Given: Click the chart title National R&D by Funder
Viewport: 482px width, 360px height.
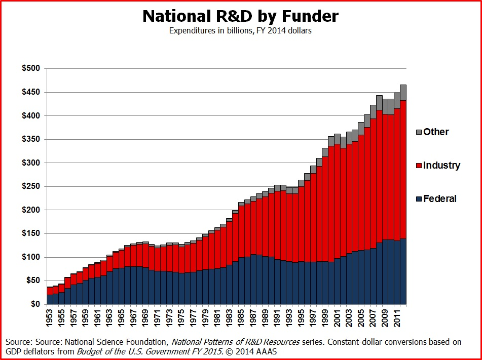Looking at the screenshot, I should (x=240, y=16).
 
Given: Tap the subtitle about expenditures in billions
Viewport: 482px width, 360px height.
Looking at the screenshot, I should (x=240, y=31).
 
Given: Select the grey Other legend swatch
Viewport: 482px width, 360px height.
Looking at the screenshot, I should (x=419, y=132).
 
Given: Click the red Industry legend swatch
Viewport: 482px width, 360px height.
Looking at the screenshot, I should (x=419, y=166).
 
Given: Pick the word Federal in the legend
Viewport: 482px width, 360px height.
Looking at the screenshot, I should (x=440, y=199).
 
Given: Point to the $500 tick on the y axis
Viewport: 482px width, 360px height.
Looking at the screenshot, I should (x=32, y=69).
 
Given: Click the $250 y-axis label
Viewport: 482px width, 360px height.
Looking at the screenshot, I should (x=32, y=186).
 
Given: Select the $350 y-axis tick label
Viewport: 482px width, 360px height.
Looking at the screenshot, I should (x=32, y=139).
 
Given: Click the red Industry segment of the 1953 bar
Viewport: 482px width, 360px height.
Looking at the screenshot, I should (x=50, y=291).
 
